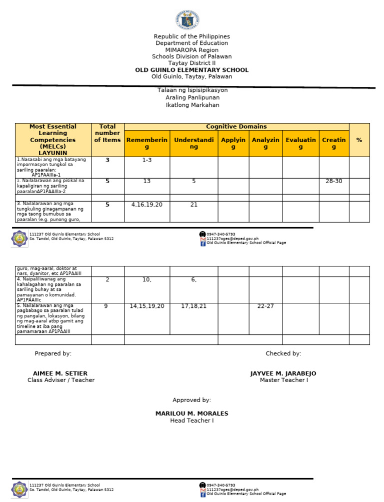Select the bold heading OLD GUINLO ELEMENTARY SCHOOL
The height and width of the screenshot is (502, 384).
[191, 70]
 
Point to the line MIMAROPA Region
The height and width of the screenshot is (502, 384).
[191, 50]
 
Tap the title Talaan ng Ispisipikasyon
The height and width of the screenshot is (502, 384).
[192, 90]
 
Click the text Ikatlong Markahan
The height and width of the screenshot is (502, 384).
[192, 105]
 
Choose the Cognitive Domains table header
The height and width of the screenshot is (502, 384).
[236, 127]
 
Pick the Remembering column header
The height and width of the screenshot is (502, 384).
[147, 143]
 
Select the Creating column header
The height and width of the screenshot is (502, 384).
[333, 143]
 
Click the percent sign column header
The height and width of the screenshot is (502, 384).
[359, 140]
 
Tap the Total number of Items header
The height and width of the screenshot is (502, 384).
[107, 133]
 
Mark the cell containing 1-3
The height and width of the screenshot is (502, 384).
[147, 160]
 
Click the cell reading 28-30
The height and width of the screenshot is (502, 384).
[333, 181]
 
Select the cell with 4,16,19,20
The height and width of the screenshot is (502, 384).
[147, 205]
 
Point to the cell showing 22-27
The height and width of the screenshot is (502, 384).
[265, 306]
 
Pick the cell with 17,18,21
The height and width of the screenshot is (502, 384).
[193, 306]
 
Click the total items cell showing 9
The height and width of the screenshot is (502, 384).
[107, 306]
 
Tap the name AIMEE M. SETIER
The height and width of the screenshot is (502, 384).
[60, 374]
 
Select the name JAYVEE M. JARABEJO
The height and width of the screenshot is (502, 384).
[283, 374]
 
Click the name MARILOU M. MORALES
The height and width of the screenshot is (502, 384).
[191, 414]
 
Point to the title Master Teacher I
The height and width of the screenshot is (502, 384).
[283, 380]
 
